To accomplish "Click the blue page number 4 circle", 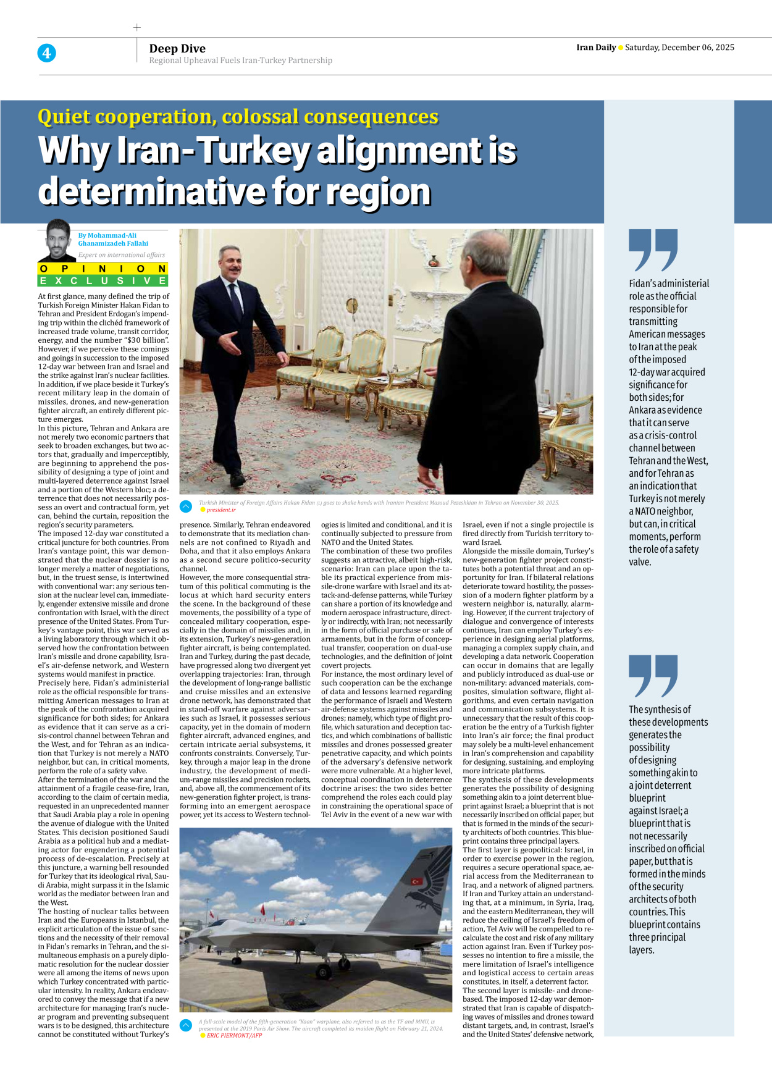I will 46,53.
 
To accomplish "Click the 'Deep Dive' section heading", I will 177,49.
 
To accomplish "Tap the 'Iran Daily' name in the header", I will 596,48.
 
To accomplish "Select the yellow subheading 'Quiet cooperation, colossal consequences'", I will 238,117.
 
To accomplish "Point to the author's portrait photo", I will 57,241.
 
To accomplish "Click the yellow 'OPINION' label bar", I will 103,269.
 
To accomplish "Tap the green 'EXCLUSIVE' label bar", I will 103,281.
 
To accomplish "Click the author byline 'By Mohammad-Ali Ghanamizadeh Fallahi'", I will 113,239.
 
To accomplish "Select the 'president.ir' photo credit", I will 220,510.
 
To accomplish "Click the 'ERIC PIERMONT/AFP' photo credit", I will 234,1035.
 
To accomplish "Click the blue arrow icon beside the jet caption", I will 186,1025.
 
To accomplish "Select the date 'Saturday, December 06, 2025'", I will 679,48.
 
